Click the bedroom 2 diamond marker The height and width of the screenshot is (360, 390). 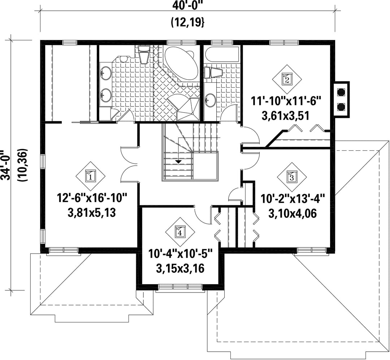point(287,80)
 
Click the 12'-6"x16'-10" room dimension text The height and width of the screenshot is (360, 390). point(92,199)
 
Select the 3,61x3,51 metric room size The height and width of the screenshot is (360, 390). point(286,116)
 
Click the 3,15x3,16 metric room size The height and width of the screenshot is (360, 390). point(180,268)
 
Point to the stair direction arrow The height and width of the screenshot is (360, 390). point(178,162)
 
